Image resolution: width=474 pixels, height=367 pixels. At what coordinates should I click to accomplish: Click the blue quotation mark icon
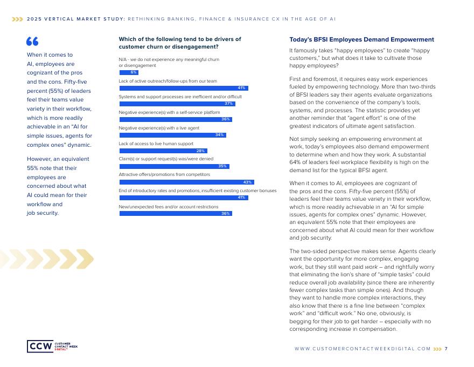32,42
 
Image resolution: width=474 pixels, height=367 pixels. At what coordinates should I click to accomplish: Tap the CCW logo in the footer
52,346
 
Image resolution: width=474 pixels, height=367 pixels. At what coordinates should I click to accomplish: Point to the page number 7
446,349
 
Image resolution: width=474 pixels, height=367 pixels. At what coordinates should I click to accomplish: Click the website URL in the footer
363,349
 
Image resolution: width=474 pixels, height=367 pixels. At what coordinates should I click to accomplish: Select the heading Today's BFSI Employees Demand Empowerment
361,40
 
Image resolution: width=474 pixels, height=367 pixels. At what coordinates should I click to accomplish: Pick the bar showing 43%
186,182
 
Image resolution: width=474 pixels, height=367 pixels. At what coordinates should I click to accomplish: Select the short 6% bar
129,72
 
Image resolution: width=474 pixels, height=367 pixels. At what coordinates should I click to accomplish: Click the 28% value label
201,151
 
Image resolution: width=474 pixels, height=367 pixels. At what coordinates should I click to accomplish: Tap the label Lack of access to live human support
156,144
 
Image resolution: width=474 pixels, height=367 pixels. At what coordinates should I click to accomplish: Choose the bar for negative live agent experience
172,135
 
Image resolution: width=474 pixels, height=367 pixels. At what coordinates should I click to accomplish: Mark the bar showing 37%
177,104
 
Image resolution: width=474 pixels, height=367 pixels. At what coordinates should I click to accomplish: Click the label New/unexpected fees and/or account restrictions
169,207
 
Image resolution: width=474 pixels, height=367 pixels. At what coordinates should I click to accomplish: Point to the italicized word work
371,266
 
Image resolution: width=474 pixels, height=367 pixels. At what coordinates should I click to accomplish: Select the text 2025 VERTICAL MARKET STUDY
76,18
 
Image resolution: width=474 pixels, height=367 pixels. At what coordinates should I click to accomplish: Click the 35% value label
222,166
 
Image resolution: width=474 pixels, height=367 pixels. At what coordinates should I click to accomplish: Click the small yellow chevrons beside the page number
437,349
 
